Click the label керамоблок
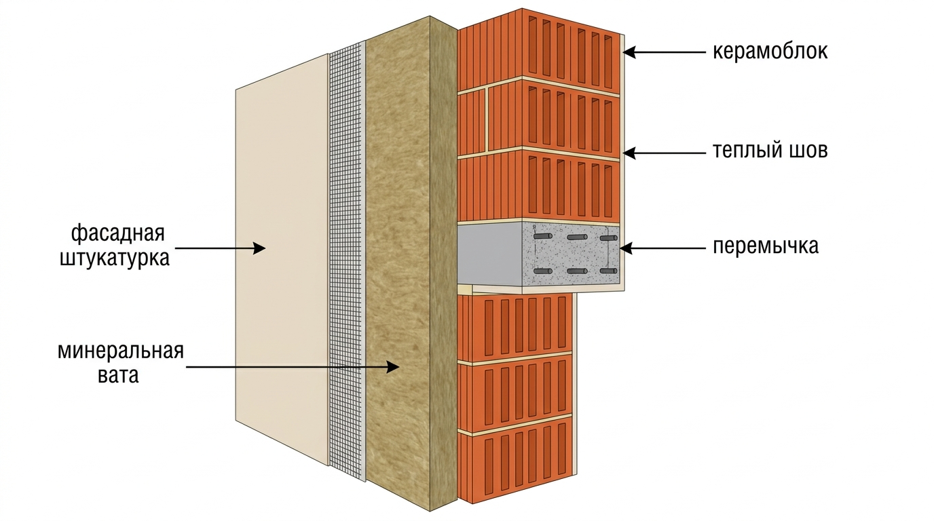(770, 52)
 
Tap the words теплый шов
(770, 150)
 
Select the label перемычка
(766, 246)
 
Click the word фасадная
(118, 233)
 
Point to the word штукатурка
(115, 258)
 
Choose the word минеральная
(121, 351)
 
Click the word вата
(118, 375)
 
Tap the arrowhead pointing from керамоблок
(630, 52)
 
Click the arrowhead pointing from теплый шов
(630, 153)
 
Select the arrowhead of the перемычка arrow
(627, 248)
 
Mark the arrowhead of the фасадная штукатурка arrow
(259, 248)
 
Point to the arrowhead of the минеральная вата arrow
(393, 367)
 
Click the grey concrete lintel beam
(538, 254)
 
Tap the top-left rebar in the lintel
(543, 236)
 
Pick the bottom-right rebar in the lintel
(608, 271)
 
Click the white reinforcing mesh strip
(345, 260)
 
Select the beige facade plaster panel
(282, 258)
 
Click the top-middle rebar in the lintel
(577, 237)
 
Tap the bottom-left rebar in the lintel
(543, 271)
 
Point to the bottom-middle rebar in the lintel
(577, 271)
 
